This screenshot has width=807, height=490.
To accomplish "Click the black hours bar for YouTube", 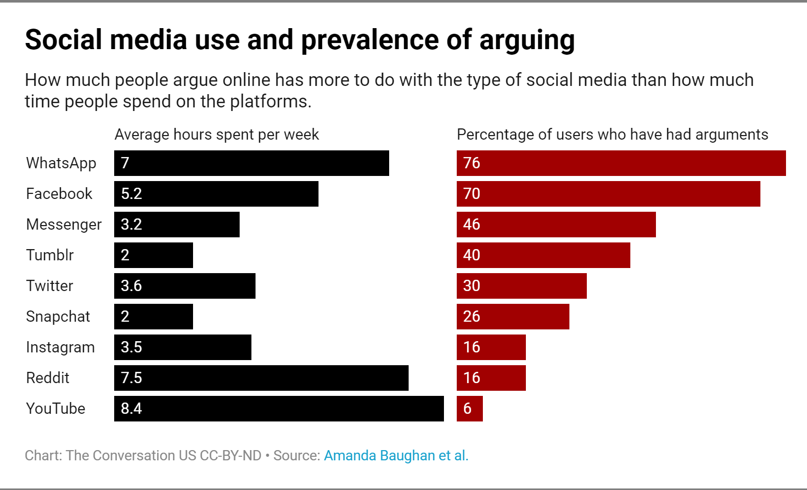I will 279,409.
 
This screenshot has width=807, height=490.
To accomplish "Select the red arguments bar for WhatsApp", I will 621,163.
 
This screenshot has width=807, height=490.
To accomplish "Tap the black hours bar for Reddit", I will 261,378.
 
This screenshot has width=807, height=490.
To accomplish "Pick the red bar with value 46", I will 556,225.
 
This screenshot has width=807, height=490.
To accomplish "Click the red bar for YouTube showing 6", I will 470,409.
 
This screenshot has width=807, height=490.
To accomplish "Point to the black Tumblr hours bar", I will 154,255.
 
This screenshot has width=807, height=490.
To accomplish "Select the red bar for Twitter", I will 521,286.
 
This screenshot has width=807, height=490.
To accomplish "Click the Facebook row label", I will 59,194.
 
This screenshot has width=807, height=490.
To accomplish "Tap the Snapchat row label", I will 58,317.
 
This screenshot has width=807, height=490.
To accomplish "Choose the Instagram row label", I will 60,347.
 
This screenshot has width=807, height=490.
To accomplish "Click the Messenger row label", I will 64,225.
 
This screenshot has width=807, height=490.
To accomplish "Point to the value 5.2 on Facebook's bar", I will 131,194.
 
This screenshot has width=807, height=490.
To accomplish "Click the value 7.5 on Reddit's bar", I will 131,378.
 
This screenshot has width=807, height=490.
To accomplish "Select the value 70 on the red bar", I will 472,194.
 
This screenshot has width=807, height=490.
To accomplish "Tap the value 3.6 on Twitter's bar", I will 131,286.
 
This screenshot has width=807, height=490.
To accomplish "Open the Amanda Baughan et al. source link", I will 396,455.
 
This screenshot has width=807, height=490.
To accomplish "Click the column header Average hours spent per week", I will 217,135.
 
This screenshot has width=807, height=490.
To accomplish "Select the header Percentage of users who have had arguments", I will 612,135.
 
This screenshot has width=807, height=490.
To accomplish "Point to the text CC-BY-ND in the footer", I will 230,455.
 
